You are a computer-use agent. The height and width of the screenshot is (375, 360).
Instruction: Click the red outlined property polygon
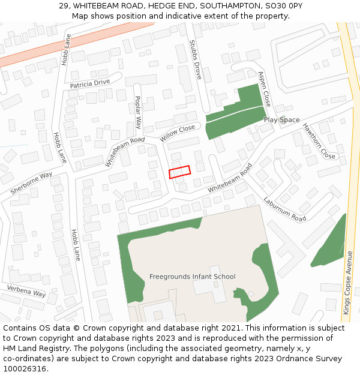coord(179,172)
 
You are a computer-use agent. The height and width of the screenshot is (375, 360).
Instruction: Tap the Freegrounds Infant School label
coord(192,277)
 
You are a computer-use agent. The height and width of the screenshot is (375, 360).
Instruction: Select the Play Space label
coord(281,120)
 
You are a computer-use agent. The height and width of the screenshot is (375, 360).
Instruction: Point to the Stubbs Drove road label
coord(195,61)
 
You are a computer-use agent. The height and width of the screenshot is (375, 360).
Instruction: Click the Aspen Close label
coord(264,89)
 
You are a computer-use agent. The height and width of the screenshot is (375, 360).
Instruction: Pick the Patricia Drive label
coord(90,83)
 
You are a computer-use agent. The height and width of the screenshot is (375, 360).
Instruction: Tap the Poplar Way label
coord(137,112)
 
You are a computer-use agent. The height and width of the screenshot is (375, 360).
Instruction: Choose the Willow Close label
coord(178,133)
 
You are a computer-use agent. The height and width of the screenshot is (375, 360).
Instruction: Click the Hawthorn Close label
coord(319,141)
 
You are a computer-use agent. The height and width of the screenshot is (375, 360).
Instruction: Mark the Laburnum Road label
coord(284,209)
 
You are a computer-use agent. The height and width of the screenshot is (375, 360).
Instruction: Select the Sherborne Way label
coord(31,183)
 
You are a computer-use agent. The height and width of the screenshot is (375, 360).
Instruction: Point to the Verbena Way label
coord(26,291)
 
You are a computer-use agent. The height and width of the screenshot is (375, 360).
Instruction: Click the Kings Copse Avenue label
coord(347,283)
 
